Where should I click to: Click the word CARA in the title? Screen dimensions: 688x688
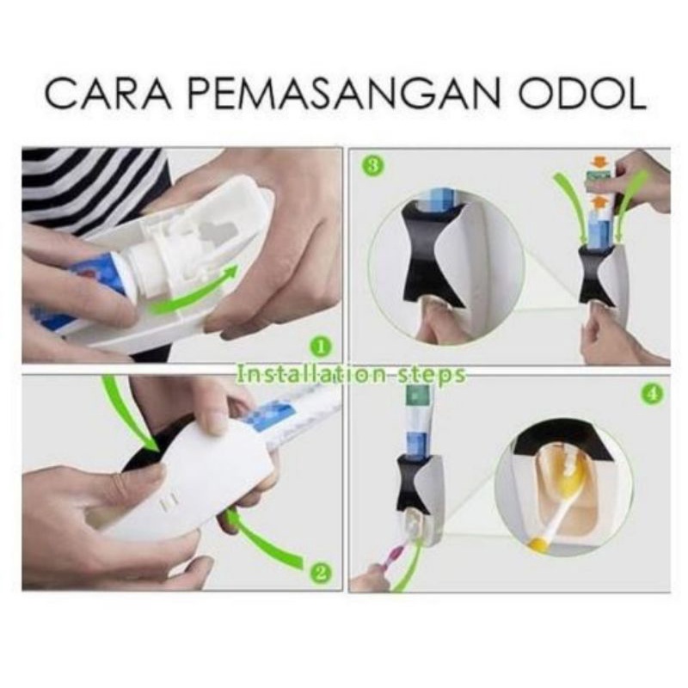pyautogui.click(x=107, y=93)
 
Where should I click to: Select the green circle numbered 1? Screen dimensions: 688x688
pyautogui.click(x=320, y=348)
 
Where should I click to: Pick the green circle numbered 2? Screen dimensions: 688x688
pyautogui.click(x=320, y=572)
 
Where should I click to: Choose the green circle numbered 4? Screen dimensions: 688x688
pyautogui.click(x=652, y=394)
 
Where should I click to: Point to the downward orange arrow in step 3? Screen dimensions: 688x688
pyautogui.click(x=597, y=163)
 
